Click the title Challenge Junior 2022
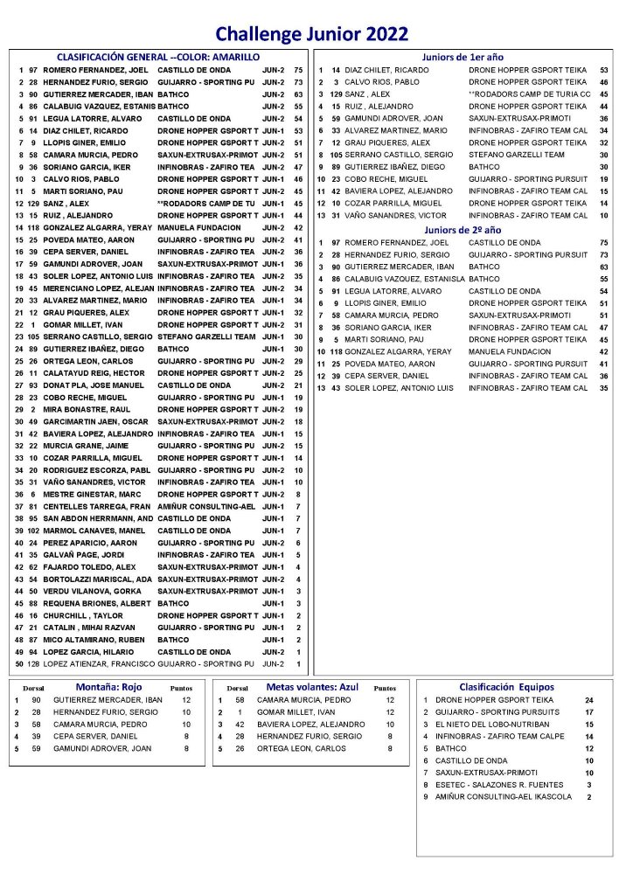tap(311, 34)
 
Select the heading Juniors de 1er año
tap(463, 56)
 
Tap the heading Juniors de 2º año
tap(463, 229)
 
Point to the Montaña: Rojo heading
tap(109, 687)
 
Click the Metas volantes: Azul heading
tap(313, 687)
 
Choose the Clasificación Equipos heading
tap(506, 687)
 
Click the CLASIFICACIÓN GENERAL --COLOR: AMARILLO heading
tap(158, 56)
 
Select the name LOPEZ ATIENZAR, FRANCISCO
tap(92, 664)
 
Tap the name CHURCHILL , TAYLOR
tap(80, 615)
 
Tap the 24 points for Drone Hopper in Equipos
tap(589, 700)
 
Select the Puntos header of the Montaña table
tap(181, 688)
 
